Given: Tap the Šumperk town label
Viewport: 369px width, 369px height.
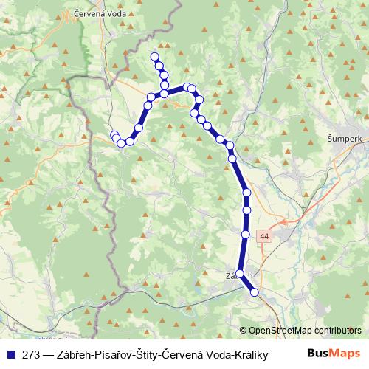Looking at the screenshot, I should click(x=343, y=138).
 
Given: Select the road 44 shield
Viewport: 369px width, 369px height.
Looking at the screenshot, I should click(x=264, y=235).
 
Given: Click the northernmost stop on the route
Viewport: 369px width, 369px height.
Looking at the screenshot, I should click(x=154, y=57).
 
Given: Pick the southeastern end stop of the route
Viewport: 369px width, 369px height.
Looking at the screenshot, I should click(x=255, y=292).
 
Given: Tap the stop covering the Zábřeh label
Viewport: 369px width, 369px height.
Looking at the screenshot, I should click(x=240, y=274).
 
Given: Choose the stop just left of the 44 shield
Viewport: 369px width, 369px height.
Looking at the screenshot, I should click(x=245, y=234).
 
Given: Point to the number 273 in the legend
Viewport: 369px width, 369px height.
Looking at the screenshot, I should click(x=32, y=354).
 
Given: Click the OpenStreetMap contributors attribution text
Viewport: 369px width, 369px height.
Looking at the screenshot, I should click(x=305, y=331).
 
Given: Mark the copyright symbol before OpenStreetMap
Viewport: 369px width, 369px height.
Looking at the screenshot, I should click(x=244, y=331).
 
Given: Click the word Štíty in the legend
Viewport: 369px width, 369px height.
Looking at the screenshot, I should click(x=148, y=354).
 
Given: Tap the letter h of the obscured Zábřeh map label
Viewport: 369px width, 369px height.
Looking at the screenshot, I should click(x=252, y=275).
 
